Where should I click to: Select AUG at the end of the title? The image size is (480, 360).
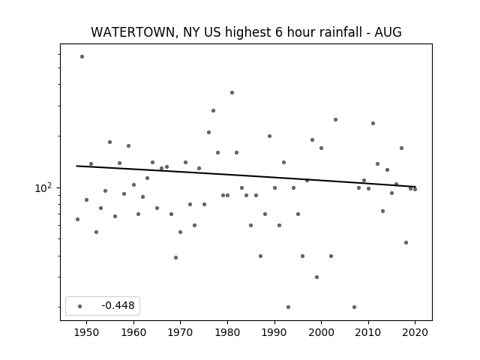click(388, 32)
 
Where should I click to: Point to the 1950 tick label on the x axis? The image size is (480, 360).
click(87, 332)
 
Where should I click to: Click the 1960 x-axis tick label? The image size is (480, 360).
click(133, 332)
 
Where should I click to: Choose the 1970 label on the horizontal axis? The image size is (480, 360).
click(181, 332)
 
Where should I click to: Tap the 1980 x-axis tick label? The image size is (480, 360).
click(227, 332)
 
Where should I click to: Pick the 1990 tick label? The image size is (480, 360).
click(274, 332)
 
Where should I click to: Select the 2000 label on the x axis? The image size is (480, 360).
click(322, 332)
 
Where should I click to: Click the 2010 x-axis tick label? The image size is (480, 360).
click(368, 332)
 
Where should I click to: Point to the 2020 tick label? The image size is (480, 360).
click(415, 332)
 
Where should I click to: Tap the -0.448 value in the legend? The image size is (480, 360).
click(118, 305)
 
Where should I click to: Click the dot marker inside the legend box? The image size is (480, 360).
click(80, 306)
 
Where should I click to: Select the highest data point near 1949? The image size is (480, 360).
click(82, 57)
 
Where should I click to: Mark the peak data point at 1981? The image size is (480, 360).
click(232, 92)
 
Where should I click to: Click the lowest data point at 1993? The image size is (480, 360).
click(288, 307)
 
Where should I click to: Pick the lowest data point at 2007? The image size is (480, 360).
click(354, 307)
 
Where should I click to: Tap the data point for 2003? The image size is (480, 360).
click(335, 120)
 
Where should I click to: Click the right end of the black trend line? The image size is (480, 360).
click(415, 187)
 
